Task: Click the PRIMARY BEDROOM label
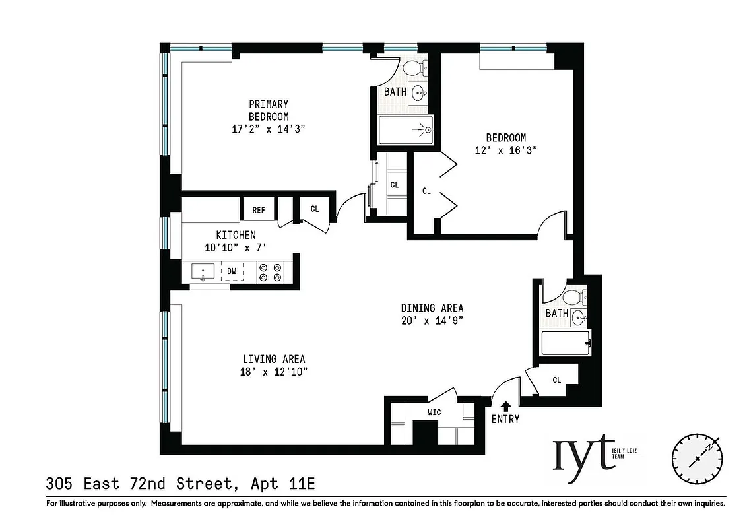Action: click(268, 110)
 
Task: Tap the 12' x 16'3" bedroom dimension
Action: click(505, 150)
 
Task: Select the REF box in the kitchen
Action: click(258, 210)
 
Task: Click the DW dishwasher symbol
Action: click(232, 271)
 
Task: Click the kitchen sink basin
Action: click(203, 271)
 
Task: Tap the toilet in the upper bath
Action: click(413, 69)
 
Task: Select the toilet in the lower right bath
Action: click(574, 296)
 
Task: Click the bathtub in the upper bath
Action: click(406, 130)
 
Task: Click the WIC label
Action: click(434, 412)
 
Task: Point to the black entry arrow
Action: click(506, 407)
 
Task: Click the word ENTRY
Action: click(505, 419)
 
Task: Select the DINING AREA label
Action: click(432, 308)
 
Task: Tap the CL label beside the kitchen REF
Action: click(315, 209)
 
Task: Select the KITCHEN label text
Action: click(236, 235)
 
